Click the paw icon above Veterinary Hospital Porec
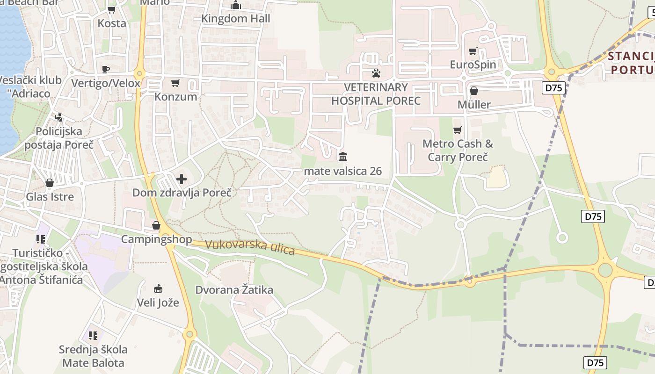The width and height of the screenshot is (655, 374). point(376,73)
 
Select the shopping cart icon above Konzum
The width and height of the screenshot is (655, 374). point(175,83)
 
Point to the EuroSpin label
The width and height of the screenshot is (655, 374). point(473,65)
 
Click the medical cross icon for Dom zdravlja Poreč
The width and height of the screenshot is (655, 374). point(181,179)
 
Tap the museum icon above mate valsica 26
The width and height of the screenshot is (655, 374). point(343,157)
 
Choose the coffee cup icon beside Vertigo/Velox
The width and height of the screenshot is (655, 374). point(106,69)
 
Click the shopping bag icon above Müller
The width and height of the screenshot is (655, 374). point(474,91)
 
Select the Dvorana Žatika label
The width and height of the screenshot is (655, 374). point(234,290)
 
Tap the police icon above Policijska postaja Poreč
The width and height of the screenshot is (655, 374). point(59,117)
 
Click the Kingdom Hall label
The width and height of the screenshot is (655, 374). point(236,19)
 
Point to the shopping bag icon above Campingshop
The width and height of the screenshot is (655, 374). point(156,226)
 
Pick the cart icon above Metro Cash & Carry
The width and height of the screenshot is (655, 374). point(458,130)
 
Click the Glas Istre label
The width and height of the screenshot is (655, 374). point(50,196)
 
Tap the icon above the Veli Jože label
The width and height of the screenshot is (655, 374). point(158,288)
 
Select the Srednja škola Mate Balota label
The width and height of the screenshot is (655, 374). point(94,356)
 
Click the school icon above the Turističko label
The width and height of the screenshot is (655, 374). point(41,239)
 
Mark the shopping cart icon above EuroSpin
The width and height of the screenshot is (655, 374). point(473,51)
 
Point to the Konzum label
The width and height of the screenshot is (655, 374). point(176,97)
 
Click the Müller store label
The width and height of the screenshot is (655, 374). point(474,104)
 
